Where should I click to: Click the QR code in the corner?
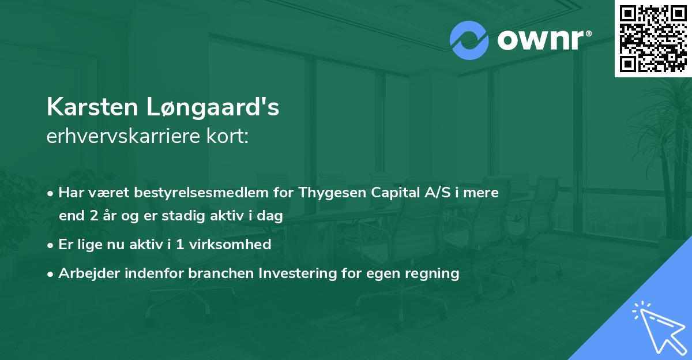click(653, 39)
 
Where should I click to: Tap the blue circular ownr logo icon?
click(469, 40)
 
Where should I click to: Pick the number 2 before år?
click(93, 216)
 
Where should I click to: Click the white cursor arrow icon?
click(656, 325)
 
